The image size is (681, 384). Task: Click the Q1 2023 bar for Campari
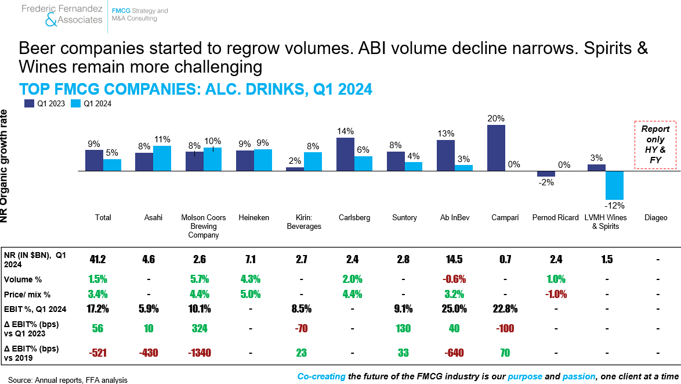click(x=496, y=148)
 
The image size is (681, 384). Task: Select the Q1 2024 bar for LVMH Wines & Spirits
click(x=614, y=185)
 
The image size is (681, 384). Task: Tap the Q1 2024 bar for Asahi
click(x=162, y=158)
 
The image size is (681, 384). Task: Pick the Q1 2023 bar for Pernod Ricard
click(x=546, y=174)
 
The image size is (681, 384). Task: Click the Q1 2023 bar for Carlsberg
click(x=345, y=155)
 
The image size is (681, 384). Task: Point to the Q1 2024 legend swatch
click(x=75, y=103)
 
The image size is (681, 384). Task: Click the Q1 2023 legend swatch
click(x=29, y=103)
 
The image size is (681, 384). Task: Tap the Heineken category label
click(x=253, y=217)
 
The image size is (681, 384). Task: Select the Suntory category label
click(x=404, y=217)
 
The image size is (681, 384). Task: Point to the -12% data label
click(x=614, y=205)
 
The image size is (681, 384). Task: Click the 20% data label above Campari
click(x=496, y=119)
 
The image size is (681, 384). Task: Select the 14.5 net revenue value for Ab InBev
click(x=454, y=260)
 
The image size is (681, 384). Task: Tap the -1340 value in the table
click(x=200, y=353)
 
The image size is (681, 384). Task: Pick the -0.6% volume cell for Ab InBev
click(x=454, y=279)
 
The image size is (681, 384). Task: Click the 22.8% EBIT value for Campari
click(x=505, y=308)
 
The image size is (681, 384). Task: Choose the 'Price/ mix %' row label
click(x=27, y=295)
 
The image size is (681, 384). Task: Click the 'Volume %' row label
click(x=23, y=279)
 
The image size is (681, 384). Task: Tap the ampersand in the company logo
click(x=51, y=20)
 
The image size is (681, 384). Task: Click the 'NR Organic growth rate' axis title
click(x=4, y=166)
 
